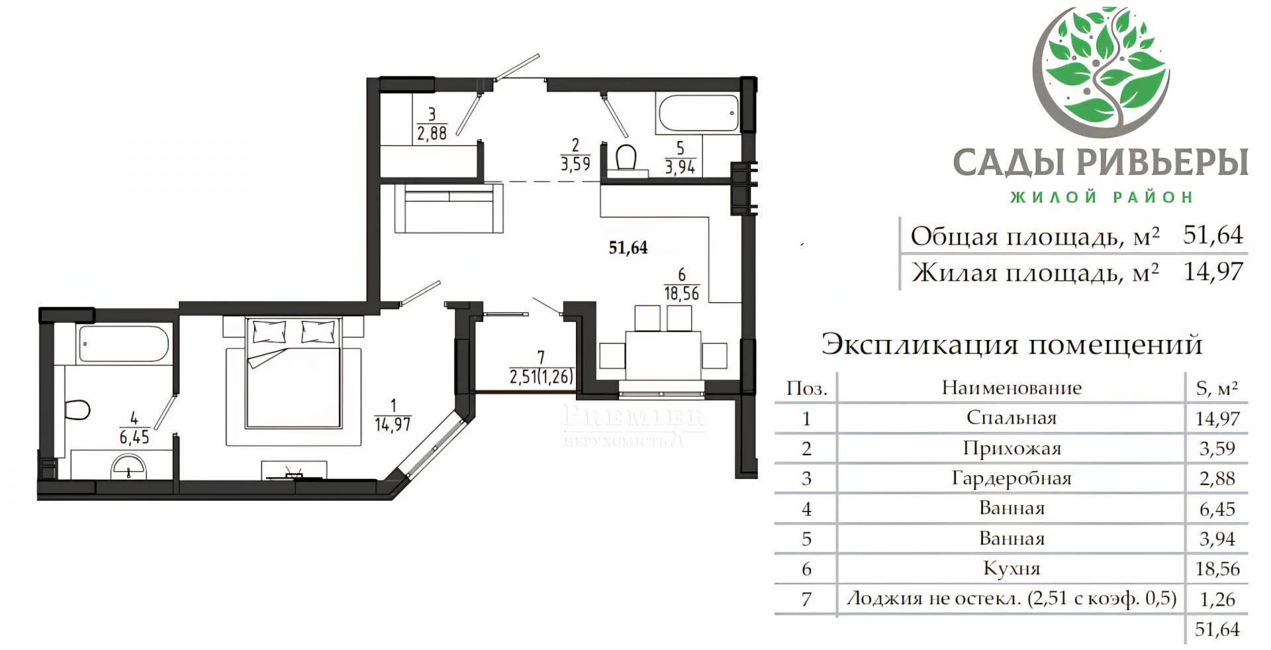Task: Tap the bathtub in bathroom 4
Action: coord(124,343)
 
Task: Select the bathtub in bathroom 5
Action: coord(697,114)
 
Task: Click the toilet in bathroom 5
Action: coord(626,158)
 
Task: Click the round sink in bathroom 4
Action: coord(129,465)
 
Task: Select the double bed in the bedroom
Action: coord(293,373)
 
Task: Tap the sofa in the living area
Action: coord(449,208)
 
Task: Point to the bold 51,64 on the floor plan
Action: coord(628,248)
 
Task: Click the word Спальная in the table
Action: coord(1012,418)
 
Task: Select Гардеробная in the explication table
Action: coord(1012,478)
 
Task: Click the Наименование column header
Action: coord(1012,388)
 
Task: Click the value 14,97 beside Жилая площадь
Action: coord(1213,272)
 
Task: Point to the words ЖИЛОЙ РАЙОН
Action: coord(1102,197)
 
